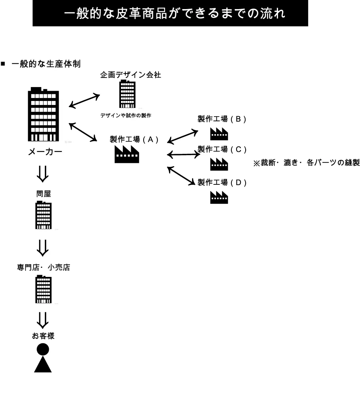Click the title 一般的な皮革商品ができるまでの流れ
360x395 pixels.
tap(170, 13)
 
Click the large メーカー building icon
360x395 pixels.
tap(43, 115)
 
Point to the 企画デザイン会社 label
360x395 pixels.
tap(130, 75)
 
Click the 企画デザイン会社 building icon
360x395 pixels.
tap(128, 94)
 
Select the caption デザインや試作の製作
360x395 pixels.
tap(126, 116)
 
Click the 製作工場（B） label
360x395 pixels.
tap(222, 119)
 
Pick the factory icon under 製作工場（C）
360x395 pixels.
tap(219, 165)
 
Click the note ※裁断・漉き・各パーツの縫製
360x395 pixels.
tap(306, 163)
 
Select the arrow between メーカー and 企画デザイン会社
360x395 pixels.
tap(84, 101)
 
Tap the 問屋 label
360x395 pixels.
tap(43, 194)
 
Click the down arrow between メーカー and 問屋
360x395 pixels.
tap(43, 173)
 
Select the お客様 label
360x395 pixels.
tap(43, 336)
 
